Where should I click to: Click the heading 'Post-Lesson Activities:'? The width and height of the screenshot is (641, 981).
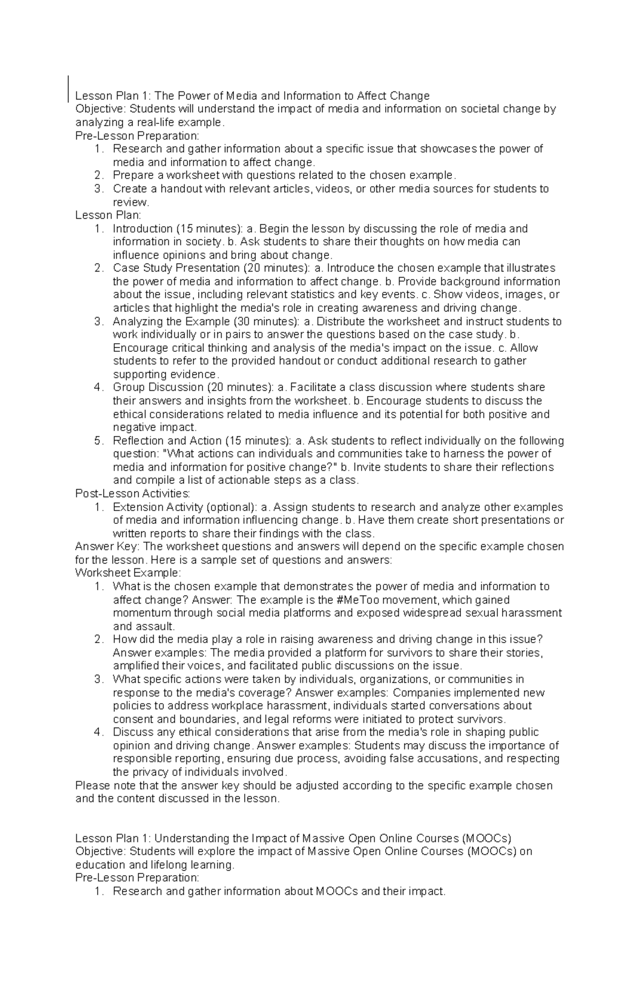[132, 493]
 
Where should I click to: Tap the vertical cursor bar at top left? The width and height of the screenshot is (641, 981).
[69, 88]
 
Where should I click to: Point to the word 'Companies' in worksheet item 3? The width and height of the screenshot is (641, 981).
[417, 693]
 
